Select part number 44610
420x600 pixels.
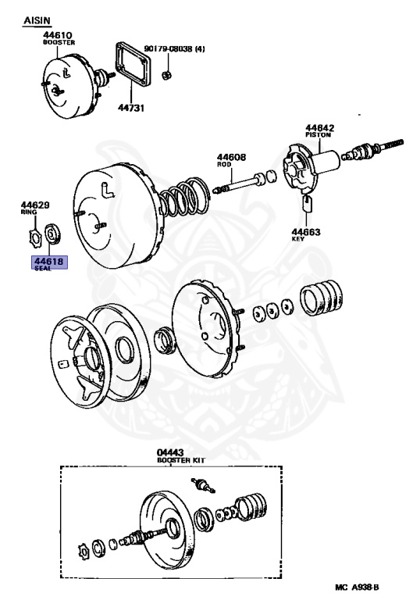[57, 35]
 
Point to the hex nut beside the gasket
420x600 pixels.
[166, 75]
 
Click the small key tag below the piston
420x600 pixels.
[306, 205]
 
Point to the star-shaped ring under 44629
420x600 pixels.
[34, 233]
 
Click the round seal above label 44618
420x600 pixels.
[53, 233]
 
